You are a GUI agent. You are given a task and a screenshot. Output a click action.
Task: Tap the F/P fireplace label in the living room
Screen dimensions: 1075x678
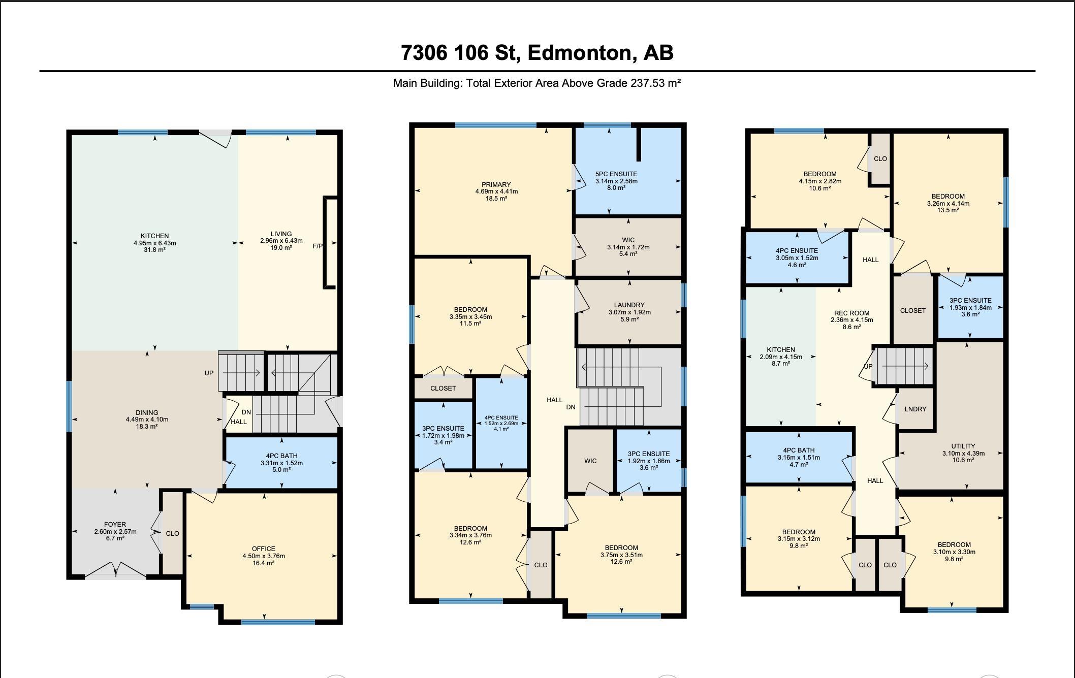(318, 246)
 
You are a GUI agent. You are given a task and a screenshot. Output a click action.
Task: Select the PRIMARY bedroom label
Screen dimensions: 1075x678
(496, 184)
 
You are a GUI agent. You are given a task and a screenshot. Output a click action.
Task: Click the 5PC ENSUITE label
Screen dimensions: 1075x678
(616, 174)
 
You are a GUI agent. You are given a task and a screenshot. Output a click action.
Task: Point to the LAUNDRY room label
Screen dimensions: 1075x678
(629, 305)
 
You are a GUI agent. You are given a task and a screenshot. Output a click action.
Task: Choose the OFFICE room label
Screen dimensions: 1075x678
(264, 549)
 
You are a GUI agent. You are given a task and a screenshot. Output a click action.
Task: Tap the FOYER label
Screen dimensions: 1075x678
(115, 525)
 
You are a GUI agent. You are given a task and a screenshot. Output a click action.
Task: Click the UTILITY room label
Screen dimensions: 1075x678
(963, 446)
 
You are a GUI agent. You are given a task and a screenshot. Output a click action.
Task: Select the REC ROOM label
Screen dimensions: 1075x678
(852, 313)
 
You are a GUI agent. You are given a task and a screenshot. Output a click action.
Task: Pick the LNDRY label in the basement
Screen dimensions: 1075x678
(915, 409)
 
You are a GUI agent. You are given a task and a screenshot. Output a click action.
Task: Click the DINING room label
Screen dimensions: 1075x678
(147, 413)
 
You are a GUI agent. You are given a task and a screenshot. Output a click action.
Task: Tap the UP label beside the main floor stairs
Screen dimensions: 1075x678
(209, 373)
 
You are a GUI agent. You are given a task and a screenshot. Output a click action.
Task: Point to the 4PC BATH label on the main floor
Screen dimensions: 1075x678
(281, 456)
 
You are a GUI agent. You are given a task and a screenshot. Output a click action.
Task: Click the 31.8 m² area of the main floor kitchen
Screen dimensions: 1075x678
(154, 250)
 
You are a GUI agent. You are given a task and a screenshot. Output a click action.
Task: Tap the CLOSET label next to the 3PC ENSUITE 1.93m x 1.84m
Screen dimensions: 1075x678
(913, 310)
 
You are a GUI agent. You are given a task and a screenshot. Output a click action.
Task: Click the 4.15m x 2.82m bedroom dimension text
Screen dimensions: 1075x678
(820, 181)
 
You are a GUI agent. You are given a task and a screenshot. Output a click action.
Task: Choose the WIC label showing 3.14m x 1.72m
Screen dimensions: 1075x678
(628, 240)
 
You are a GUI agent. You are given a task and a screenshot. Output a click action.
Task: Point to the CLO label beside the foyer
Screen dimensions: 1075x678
(172, 534)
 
